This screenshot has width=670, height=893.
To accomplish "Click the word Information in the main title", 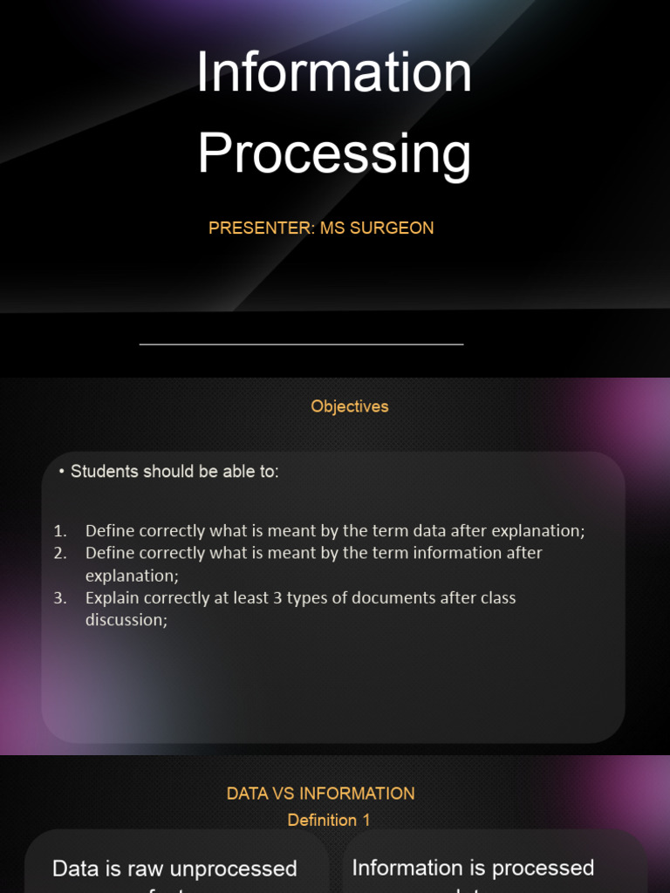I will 334,73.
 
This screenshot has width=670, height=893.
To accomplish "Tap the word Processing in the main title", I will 334,153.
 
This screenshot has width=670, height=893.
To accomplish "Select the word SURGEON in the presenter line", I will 392,228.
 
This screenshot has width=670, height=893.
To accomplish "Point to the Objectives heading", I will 350,406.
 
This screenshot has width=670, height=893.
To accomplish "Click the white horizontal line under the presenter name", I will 301,344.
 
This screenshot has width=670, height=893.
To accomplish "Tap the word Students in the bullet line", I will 105,472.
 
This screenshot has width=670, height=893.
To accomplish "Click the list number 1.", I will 58,531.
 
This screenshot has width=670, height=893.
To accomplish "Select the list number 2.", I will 58,553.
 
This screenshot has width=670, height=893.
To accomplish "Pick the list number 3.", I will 58,598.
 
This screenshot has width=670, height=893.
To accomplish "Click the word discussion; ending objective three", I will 126,620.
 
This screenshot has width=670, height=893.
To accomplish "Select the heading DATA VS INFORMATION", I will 321,794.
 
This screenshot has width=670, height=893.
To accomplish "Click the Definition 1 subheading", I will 323,820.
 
